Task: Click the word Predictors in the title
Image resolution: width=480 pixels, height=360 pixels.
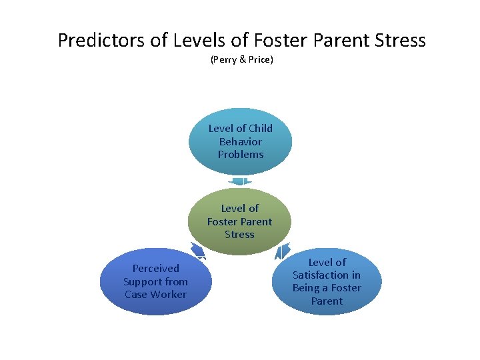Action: (x=101, y=41)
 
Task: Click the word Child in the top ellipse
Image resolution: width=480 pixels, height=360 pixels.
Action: (x=259, y=128)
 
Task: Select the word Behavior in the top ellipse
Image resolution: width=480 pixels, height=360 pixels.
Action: (x=240, y=141)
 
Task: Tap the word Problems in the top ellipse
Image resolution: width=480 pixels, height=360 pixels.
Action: (x=240, y=154)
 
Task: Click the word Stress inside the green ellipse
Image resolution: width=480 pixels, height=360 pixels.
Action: (x=239, y=234)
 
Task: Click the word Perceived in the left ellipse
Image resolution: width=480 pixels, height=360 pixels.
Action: (x=155, y=268)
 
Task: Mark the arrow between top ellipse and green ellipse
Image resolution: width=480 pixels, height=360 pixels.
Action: (x=239, y=181)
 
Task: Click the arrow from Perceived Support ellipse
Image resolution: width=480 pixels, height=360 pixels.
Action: (x=198, y=250)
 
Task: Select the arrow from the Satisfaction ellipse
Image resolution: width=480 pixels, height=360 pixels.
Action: (x=282, y=252)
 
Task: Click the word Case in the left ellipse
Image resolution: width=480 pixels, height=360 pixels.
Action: (x=136, y=294)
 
